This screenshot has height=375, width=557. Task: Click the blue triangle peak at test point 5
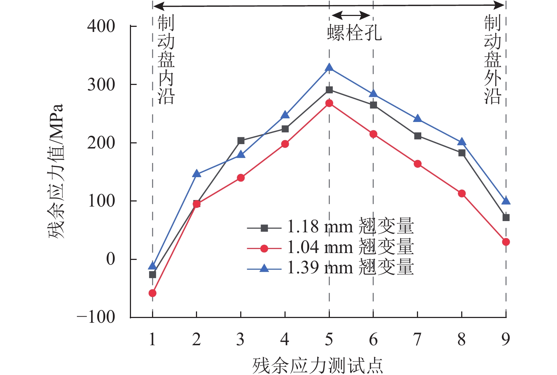click(x=329, y=68)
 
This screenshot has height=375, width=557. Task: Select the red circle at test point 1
click(x=152, y=293)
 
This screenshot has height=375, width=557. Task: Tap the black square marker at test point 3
click(x=241, y=141)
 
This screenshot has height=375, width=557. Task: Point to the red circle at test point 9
click(x=506, y=242)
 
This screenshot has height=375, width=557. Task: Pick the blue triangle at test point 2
click(x=196, y=174)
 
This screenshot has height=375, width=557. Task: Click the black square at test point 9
click(x=506, y=217)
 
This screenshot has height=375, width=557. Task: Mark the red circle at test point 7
click(x=417, y=164)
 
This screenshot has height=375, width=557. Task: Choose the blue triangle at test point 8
click(x=462, y=142)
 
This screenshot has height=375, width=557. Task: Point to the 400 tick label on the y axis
click(x=101, y=27)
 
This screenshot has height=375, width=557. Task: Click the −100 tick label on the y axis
click(x=96, y=317)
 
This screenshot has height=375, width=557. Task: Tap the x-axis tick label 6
click(x=373, y=339)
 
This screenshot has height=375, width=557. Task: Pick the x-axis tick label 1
click(x=152, y=339)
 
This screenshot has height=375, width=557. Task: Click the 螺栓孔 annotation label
click(x=354, y=33)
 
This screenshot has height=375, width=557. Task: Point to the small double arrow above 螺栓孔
click(x=351, y=15)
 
